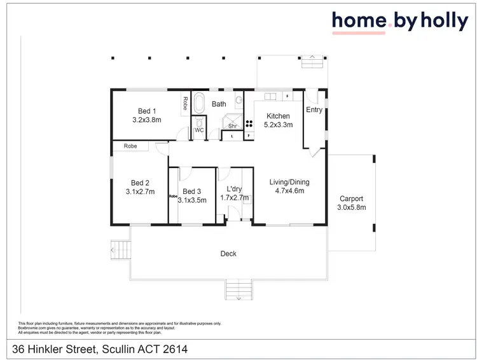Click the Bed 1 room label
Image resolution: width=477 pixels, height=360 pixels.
point(146,109)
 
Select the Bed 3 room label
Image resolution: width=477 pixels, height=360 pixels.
point(191,191)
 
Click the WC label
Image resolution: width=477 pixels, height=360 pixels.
point(199,130)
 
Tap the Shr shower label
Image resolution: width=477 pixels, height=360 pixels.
point(232,126)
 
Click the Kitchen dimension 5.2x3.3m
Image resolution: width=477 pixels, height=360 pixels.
point(278,125)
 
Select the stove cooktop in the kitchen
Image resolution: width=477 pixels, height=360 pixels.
point(249,125)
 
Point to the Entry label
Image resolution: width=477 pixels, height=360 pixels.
point(314,109)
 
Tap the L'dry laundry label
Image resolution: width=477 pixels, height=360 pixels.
point(234,189)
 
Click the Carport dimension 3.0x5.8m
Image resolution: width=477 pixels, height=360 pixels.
point(351,207)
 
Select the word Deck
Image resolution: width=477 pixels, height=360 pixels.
point(228,254)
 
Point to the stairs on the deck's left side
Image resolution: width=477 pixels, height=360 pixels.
point(120,249)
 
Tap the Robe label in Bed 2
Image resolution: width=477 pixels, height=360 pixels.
point(130,146)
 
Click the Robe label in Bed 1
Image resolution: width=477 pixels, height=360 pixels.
point(184,104)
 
